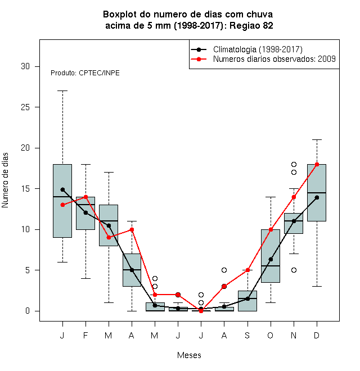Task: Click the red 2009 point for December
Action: click(x=317, y=165)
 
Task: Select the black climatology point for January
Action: click(x=62, y=189)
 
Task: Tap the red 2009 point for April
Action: click(x=132, y=229)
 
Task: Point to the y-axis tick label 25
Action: click(x=25, y=107)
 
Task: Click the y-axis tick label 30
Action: click(x=25, y=66)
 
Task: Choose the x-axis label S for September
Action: click(x=247, y=335)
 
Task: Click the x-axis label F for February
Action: click(x=85, y=335)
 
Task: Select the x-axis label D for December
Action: click(x=317, y=335)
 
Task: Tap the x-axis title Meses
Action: click(x=189, y=355)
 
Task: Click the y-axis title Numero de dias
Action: click(x=5, y=180)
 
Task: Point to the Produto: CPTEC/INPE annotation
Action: click(x=85, y=73)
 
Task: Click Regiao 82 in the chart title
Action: click(x=251, y=25)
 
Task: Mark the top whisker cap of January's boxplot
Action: click(x=62, y=91)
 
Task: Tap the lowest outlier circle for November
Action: click(x=294, y=270)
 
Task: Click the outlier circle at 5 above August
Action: click(x=224, y=270)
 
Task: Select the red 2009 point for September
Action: click(x=247, y=270)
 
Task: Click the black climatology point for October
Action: click(x=271, y=259)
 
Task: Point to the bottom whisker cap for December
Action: click(x=317, y=286)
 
